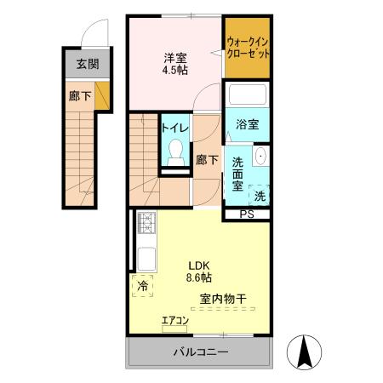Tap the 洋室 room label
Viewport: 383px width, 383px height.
[176, 58]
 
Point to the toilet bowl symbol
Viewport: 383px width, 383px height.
[176, 154]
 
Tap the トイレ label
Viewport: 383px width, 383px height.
[175, 128]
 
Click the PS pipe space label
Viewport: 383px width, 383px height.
[246, 214]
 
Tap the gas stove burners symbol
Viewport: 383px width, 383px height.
[145, 225]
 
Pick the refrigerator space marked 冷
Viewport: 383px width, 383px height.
[142, 286]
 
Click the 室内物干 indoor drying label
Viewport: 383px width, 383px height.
[224, 299]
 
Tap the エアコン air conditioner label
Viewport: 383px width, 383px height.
[174, 321]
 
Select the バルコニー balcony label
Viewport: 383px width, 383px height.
[201, 352]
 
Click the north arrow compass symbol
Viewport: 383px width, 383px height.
[305, 351]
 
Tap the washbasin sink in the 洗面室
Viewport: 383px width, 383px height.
[260, 157]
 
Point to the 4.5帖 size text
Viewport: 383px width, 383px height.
[176, 71]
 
